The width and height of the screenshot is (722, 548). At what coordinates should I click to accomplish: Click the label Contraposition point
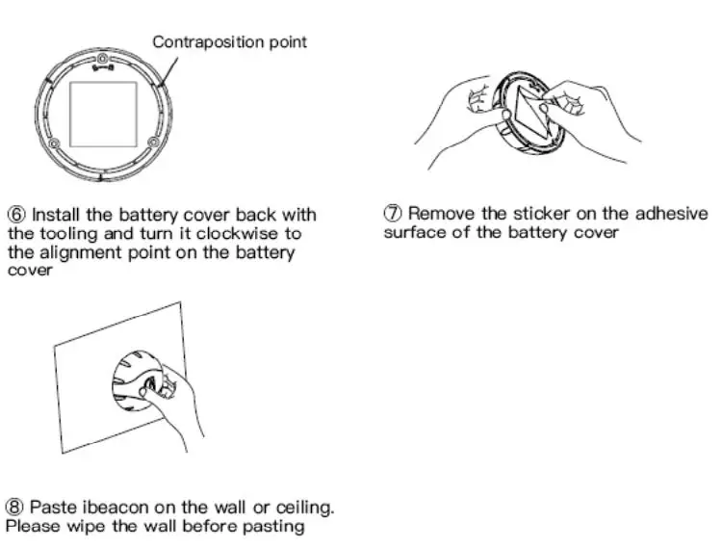pos(230,42)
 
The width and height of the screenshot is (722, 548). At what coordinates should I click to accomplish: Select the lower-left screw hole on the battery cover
pos(53,144)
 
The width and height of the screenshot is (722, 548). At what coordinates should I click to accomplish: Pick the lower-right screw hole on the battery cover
pos(152,144)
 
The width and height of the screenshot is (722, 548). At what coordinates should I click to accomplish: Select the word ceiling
pos(301,507)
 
